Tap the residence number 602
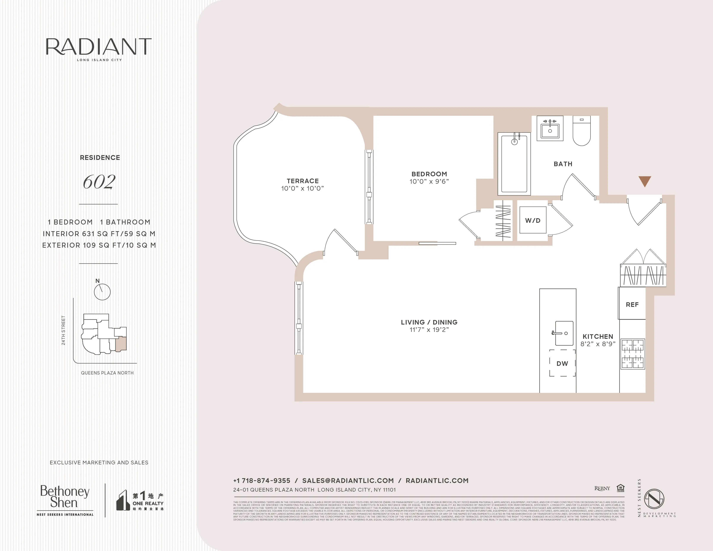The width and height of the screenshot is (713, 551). [x=99, y=182]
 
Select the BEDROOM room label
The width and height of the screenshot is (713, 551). [x=429, y=174]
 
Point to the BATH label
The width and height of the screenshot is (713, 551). [x=563, y=164]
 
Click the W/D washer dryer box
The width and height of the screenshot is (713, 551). [x=533, y=220]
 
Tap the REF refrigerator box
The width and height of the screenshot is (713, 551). [x=632, y=304]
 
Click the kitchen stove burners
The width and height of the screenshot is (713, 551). [x=632, y=354]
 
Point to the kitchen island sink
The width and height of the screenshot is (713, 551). [x=564, y=333]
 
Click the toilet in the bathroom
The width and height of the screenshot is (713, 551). [x=581, y=131]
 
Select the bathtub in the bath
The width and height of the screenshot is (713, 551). [x=514, y=163]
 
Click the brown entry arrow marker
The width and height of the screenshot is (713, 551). [x=645, y=181]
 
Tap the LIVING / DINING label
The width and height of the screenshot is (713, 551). [x=429, y=322]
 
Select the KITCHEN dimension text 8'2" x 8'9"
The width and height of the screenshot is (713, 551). [x=598, y=344]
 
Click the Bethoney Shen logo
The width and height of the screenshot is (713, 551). [x=65, y=497]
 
